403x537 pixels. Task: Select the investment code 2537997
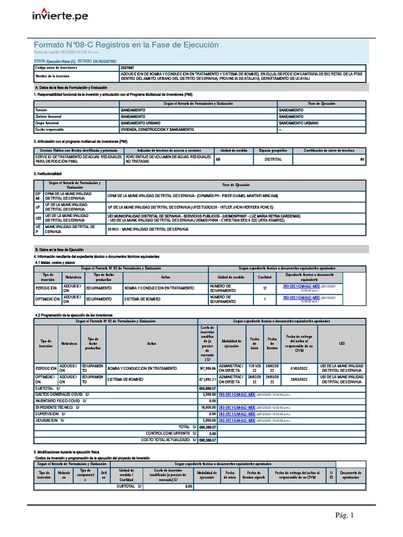point(127,68)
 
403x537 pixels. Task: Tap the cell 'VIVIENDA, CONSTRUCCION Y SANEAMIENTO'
point(154,129)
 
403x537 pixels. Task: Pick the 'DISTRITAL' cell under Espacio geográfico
point(273,159)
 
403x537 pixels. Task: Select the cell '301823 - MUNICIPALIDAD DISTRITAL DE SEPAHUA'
point(148,230)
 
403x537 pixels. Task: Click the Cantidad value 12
point(264,288)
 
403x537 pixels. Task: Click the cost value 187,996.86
point(207,368)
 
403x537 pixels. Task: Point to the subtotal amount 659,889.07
point(207,388)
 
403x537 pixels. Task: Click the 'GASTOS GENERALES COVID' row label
point(62,393)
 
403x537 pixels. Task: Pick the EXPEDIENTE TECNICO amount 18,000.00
point(208,407)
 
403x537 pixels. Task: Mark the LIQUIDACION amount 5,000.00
point(208,420)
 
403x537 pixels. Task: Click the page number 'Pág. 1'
point(345,515)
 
